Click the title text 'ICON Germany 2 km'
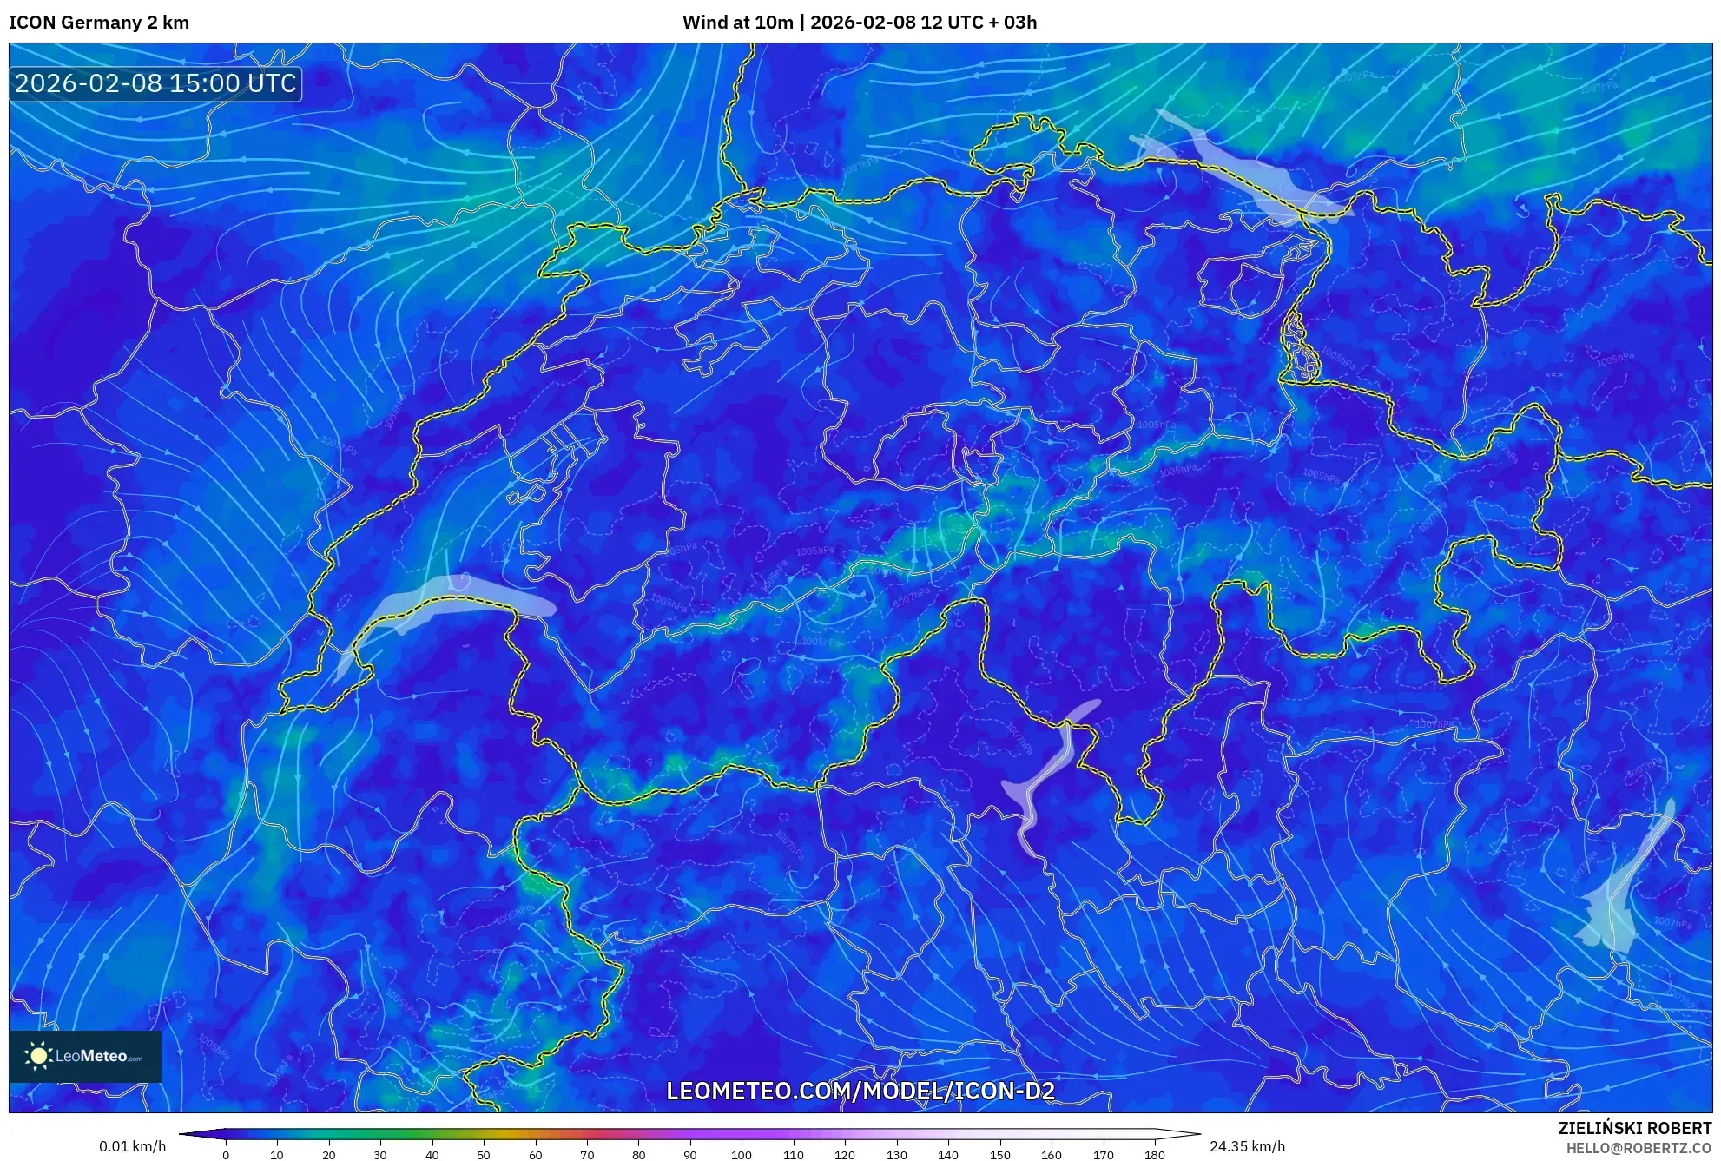(x=99, y=23)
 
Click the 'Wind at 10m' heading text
(x=737, y=23)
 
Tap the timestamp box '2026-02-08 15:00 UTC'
(x=156, y=83)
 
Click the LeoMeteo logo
(x=85, y=1056)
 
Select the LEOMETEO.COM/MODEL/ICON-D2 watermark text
(x=860, y=1091)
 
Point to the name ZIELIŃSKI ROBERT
(x=1634, y=1128)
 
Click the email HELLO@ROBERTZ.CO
(x=1639, y=1148)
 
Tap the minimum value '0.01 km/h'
(x=132, y=1146)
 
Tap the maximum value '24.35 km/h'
(x=1247, y=1146)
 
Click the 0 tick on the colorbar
(x=226, y=1154)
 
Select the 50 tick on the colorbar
(x=484, y=1154)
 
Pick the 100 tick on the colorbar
(x=741, y=1154)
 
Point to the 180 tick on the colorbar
(x=1154, y=1154)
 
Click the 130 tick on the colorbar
(x=896, y=1154)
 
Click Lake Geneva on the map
(x=452, y=594)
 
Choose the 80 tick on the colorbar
(x=638, y=1154)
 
